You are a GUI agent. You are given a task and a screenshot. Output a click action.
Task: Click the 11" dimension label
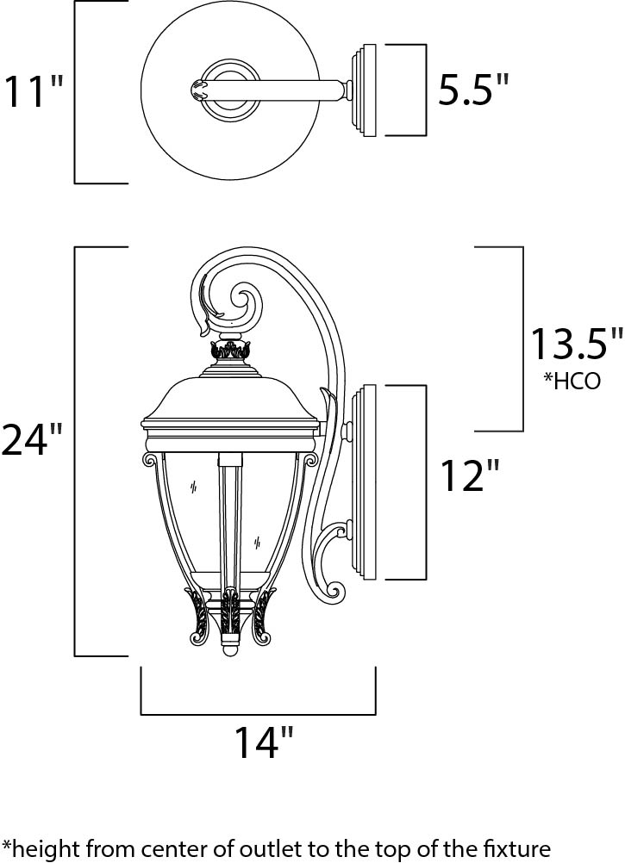34,91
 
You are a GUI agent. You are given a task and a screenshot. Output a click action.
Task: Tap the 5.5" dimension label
473,90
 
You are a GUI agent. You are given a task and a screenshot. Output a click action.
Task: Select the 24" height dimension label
33,439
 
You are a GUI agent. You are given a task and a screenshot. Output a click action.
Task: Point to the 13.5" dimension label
575,344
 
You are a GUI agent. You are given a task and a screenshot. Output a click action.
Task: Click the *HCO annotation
572,380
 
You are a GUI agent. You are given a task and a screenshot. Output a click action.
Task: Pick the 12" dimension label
471,475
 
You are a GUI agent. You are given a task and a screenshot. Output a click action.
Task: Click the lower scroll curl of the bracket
332,588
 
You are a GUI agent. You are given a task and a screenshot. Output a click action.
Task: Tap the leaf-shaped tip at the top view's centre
198,89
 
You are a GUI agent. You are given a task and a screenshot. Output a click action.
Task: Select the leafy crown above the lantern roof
230,350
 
